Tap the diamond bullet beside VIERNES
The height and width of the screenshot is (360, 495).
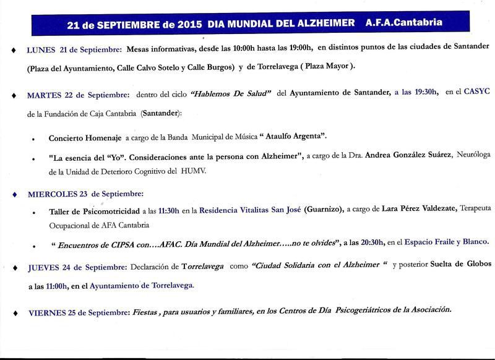(13, 311)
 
